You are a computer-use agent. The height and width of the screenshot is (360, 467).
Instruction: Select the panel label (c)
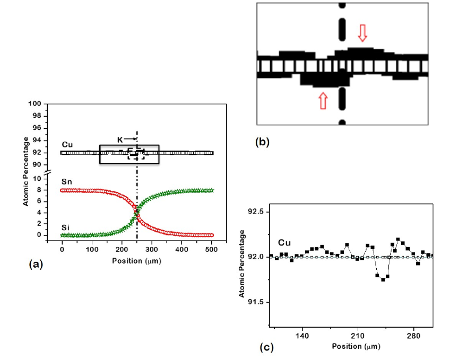[x=266, y=348]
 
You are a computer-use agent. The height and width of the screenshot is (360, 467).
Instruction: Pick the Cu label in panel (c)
[x=284, y=243]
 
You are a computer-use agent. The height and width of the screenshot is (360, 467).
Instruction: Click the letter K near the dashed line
[x=119, y=140]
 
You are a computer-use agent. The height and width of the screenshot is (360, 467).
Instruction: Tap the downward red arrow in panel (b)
[x=362, y=33]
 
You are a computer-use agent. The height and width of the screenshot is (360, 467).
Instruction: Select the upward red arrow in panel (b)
[x=322, y=100]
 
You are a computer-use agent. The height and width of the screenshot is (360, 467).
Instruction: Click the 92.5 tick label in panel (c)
[x=255, y=212]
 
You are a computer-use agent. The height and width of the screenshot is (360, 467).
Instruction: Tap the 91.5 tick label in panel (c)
[x=255, y=302]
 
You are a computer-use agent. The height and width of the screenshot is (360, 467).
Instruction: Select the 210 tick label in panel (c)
[x=358, y=336]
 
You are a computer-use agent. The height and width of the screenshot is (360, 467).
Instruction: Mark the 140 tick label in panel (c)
[x=302, y=336]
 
